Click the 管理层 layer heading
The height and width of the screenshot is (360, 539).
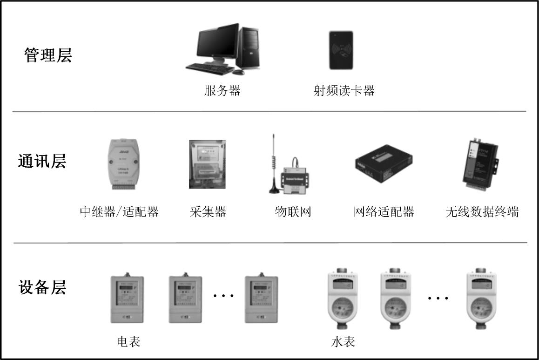(48, 56)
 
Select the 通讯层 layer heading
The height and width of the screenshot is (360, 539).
(42, 161)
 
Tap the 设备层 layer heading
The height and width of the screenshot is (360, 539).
(42, 287)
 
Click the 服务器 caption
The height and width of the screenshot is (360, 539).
(222, 90)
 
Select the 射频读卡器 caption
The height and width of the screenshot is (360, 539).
(344, 90)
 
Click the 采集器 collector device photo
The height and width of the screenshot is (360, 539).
(207, 164)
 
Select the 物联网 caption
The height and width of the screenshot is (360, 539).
(293, 212)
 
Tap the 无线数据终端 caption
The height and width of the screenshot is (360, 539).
(482, 212)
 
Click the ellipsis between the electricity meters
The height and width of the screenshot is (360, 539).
(223, 295)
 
